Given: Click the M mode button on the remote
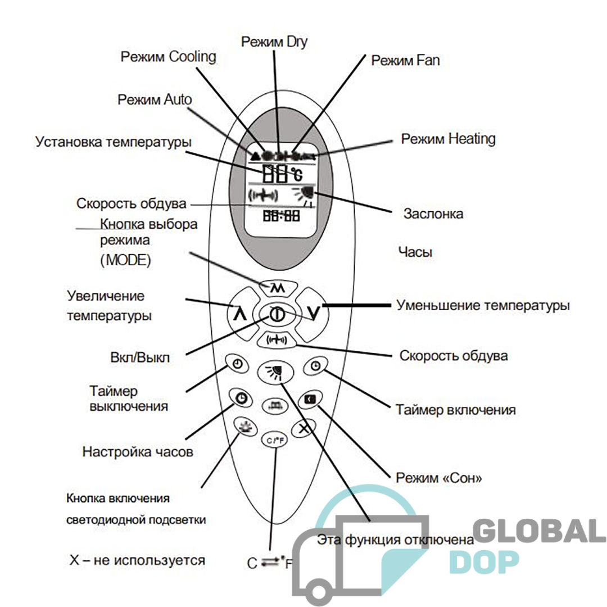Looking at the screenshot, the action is coord(277,288).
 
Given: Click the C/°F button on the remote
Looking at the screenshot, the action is coord(275,440).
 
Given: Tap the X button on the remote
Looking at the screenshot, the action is coord(304,428).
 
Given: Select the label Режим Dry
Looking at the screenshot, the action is coord(274,42).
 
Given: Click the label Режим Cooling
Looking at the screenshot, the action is coord(169,57).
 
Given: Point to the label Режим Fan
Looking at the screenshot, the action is coord(405,60).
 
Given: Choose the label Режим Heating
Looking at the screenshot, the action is coord(449,139).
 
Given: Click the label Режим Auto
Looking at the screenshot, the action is coord(155,100).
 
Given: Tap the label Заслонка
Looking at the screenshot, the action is coord(433,214).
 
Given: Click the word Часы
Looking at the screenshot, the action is coord(415,252).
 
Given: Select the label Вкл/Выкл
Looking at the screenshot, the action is coord(140,357).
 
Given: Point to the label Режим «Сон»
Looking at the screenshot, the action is coord(438,478).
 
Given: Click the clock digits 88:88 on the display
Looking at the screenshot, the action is coord(282,216).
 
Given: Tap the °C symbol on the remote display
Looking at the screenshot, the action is coord(297,174).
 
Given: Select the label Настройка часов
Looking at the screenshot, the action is coord(138,452).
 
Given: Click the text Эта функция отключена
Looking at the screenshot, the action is coord(395,540).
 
